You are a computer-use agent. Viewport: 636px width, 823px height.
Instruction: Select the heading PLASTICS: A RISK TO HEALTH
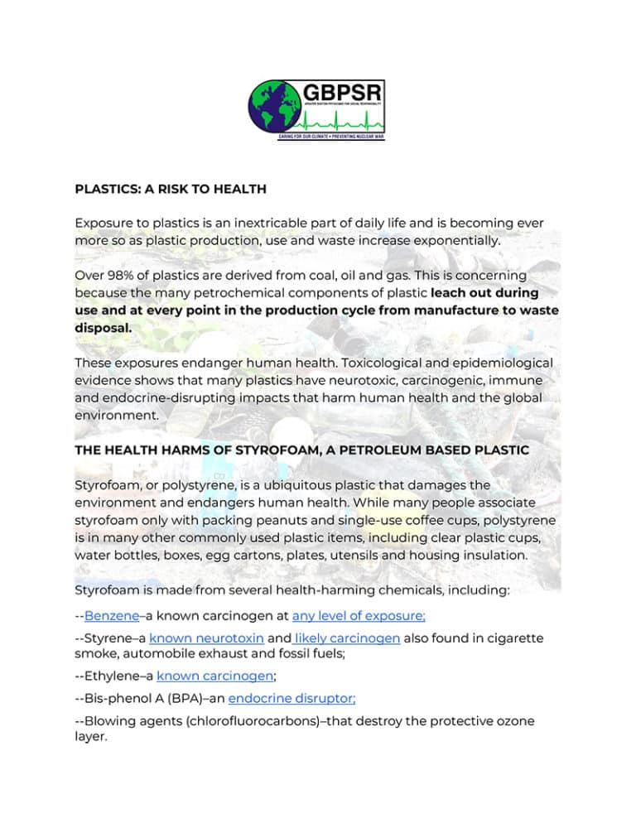point(171,189)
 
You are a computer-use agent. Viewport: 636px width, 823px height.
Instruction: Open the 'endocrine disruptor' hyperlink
point(287,698)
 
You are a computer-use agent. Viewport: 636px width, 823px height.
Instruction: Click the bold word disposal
point(103,327)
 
